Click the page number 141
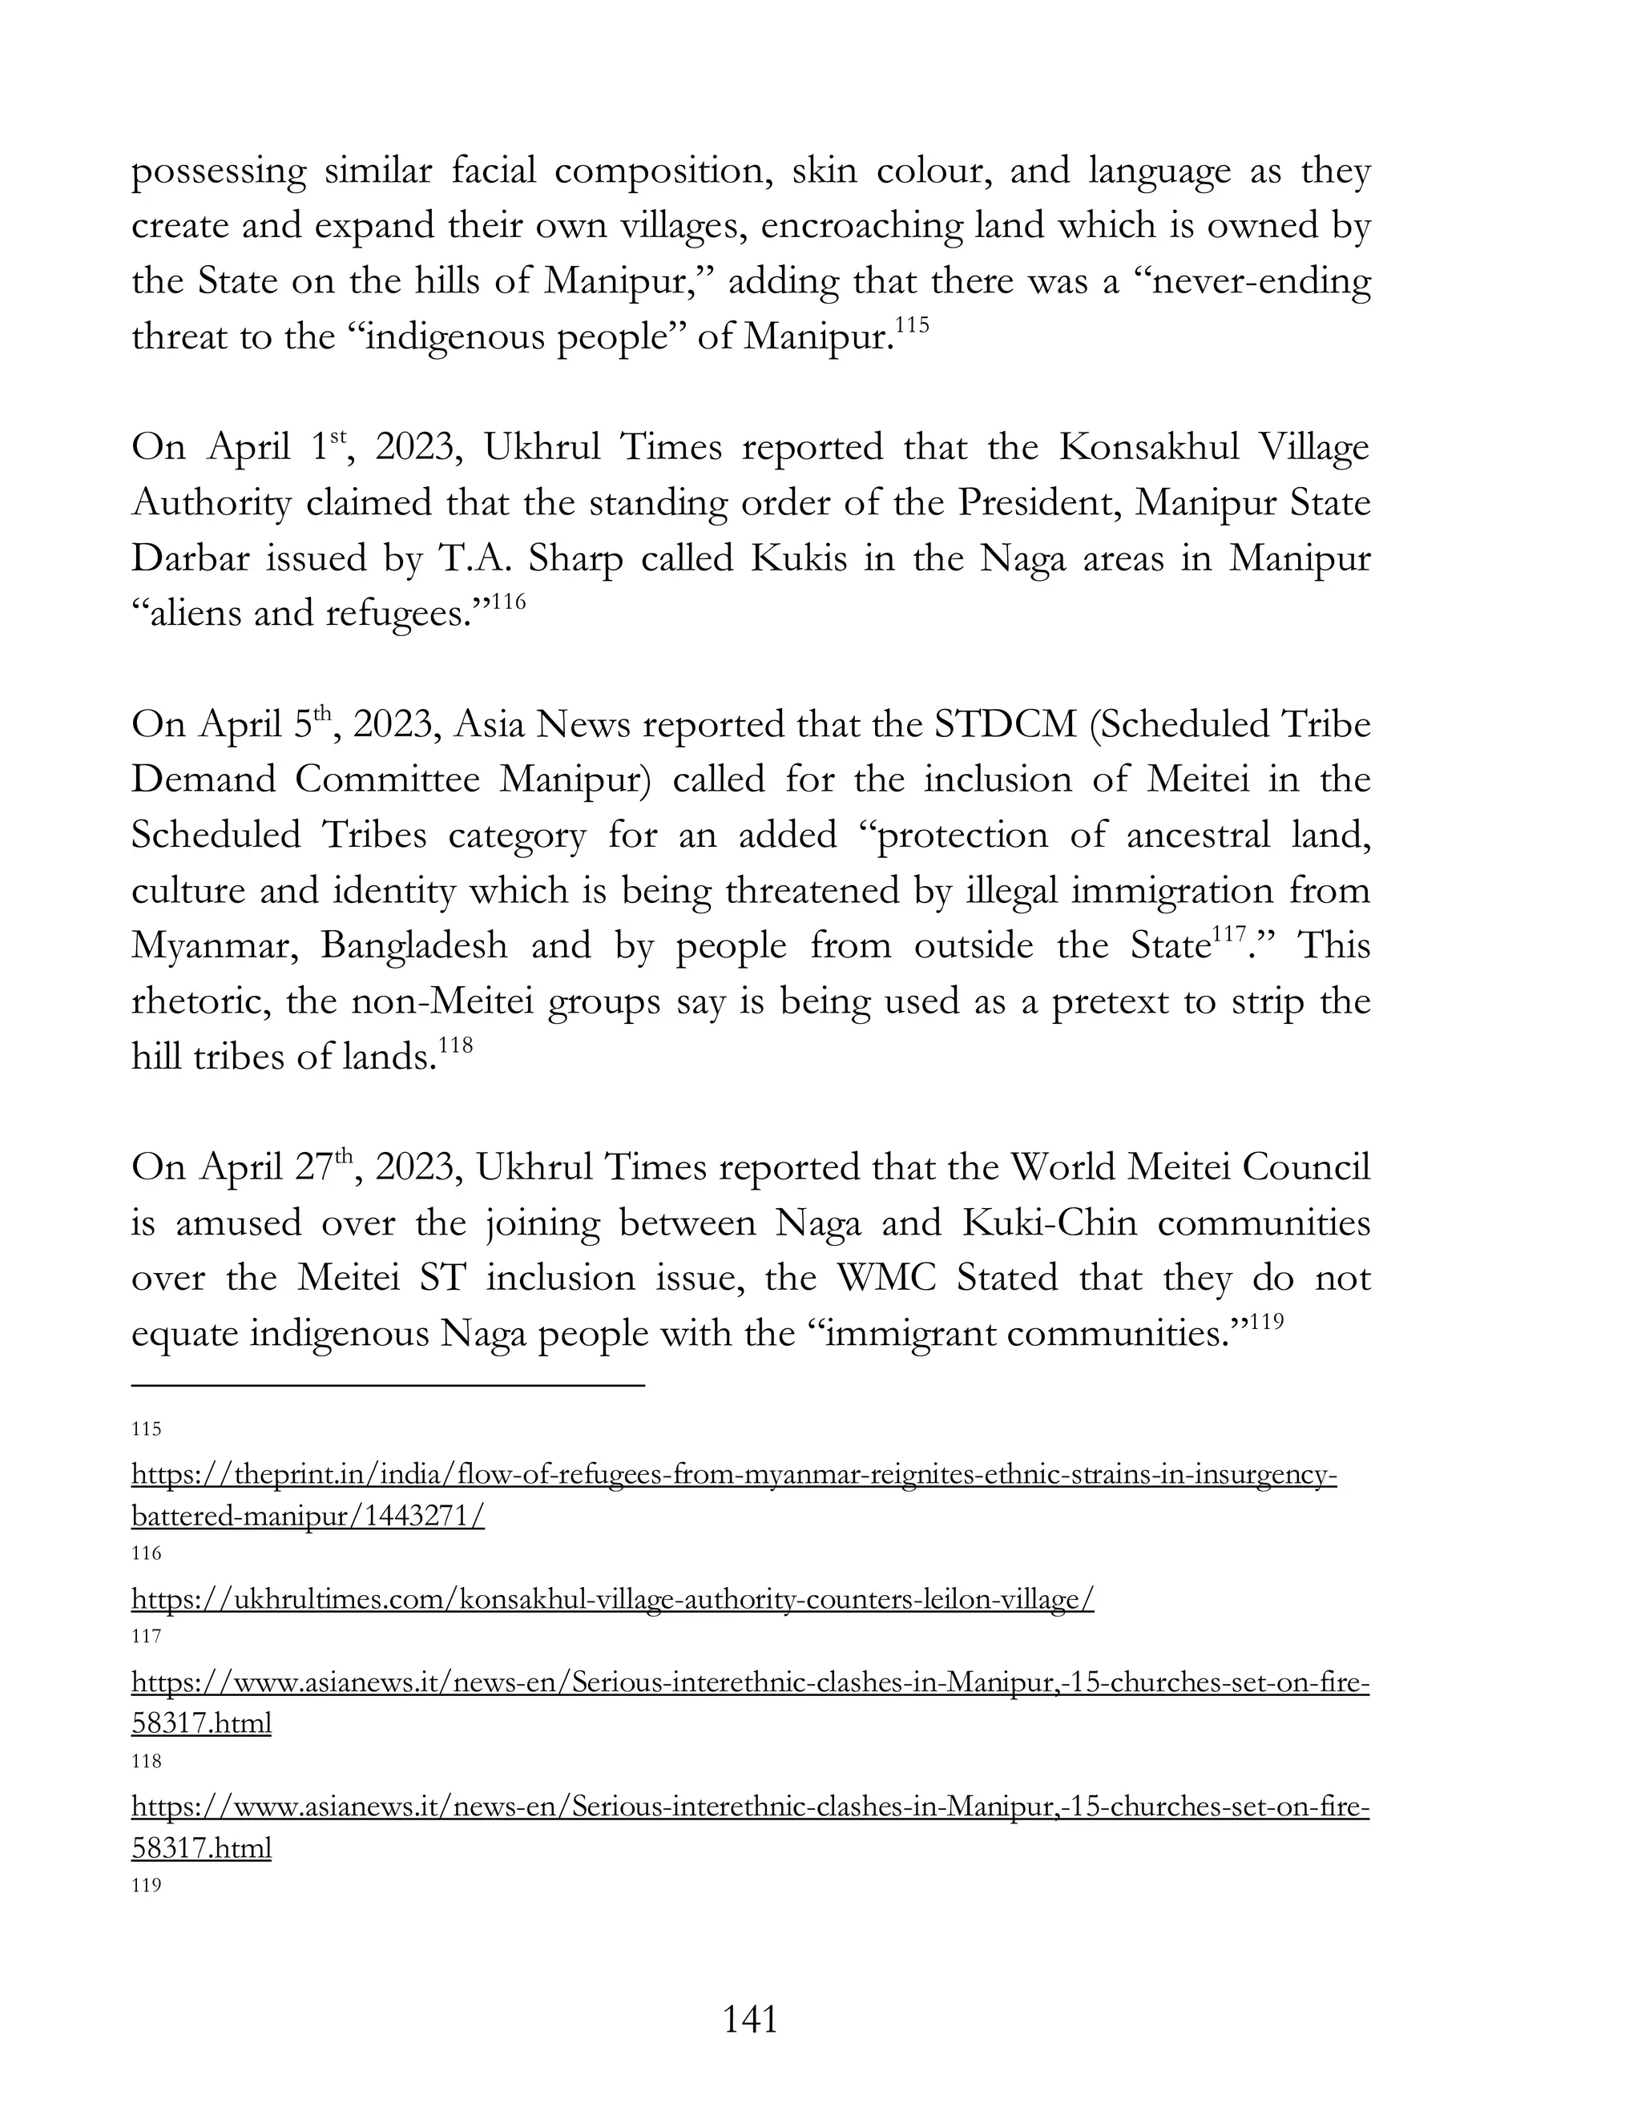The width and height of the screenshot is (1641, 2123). click(x=751, y=2020)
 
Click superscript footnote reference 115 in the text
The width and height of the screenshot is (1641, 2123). click(x=912, y=324)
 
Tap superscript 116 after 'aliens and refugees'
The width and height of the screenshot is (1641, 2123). click(x=509, y=602)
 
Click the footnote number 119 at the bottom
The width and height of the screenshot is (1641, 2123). click(x=146, y=1887)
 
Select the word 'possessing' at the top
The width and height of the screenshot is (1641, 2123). click(x=219, y=172)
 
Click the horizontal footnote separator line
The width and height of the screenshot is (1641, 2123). click(x=388, y=1384)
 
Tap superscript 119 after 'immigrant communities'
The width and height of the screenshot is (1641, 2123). click(x=1254, y=1322)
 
